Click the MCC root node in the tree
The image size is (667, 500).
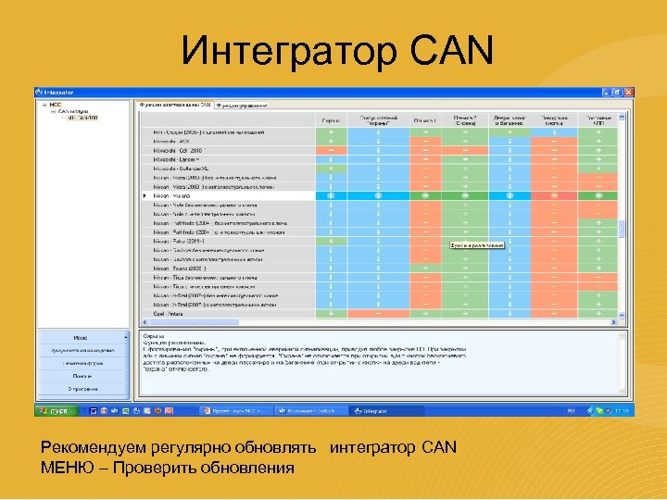pos(54,105)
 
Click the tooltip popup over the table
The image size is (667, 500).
pos(477,245)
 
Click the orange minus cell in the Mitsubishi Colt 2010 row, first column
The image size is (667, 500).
pos(331,150)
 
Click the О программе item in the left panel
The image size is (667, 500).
pos(82,389)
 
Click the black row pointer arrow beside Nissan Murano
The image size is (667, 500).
pos(144,196)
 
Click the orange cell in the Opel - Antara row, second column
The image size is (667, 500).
pos(377,313)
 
